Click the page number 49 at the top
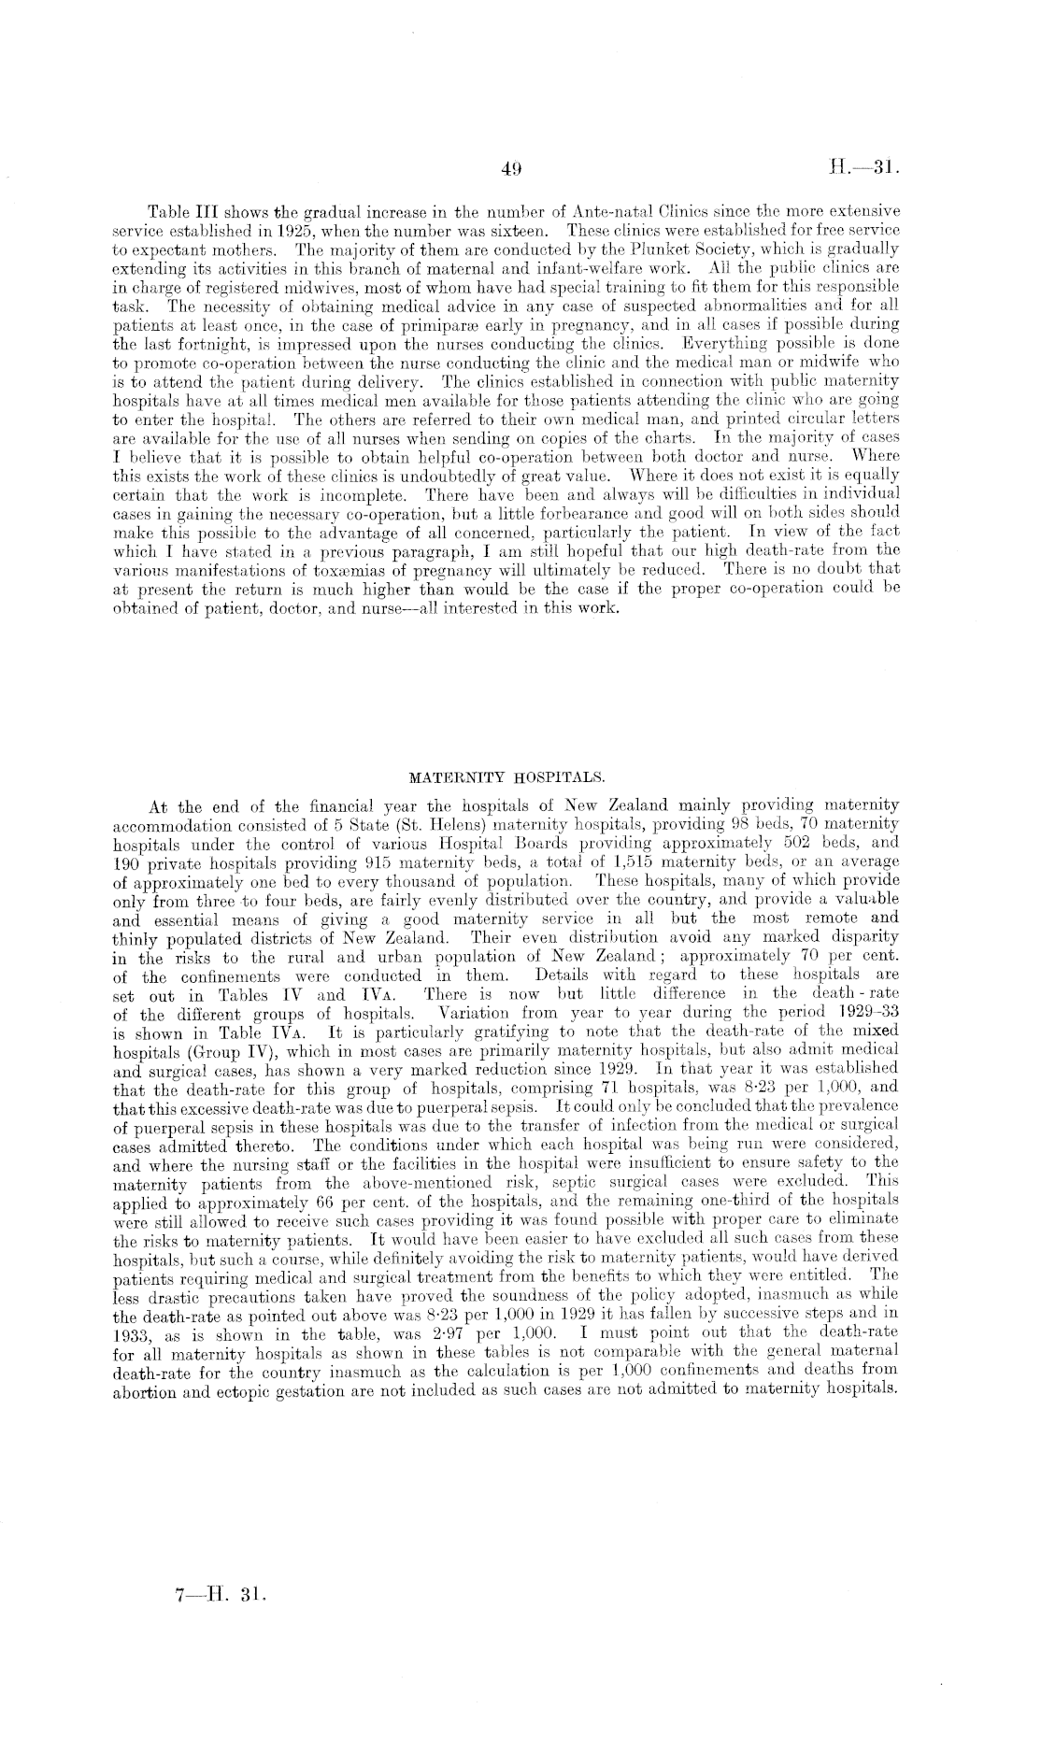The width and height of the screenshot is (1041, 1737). (510, 169)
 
